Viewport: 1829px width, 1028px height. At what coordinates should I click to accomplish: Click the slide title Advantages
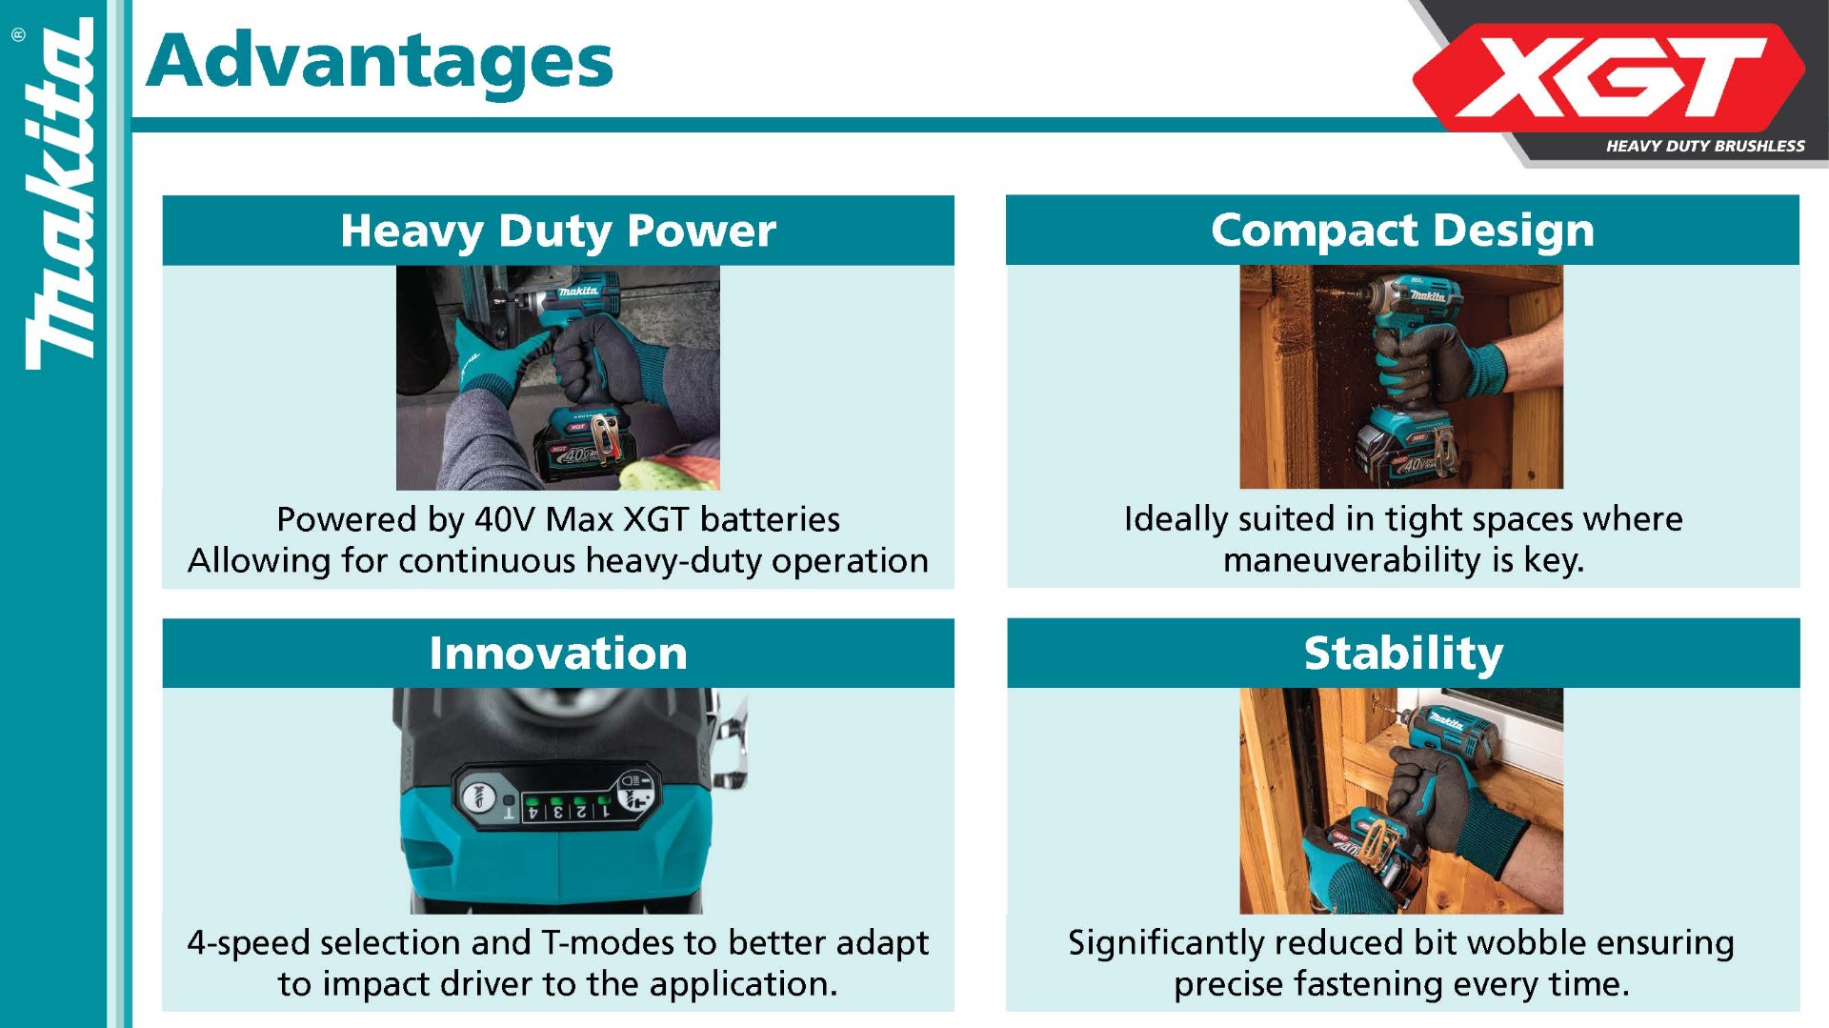tap(380, 61)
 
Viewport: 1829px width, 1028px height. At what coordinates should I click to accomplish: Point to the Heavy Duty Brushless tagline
tap(1705, 146)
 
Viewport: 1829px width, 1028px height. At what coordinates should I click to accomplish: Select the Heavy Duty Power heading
tap(558, 231)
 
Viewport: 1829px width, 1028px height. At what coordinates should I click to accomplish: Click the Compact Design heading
tap(1402, 231)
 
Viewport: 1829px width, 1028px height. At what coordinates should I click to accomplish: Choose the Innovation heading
tap(558, 654)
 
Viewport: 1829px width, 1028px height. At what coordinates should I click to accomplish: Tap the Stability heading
tap(1403, 655)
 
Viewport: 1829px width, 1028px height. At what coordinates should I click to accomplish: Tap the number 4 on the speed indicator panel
tap(533, 813)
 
